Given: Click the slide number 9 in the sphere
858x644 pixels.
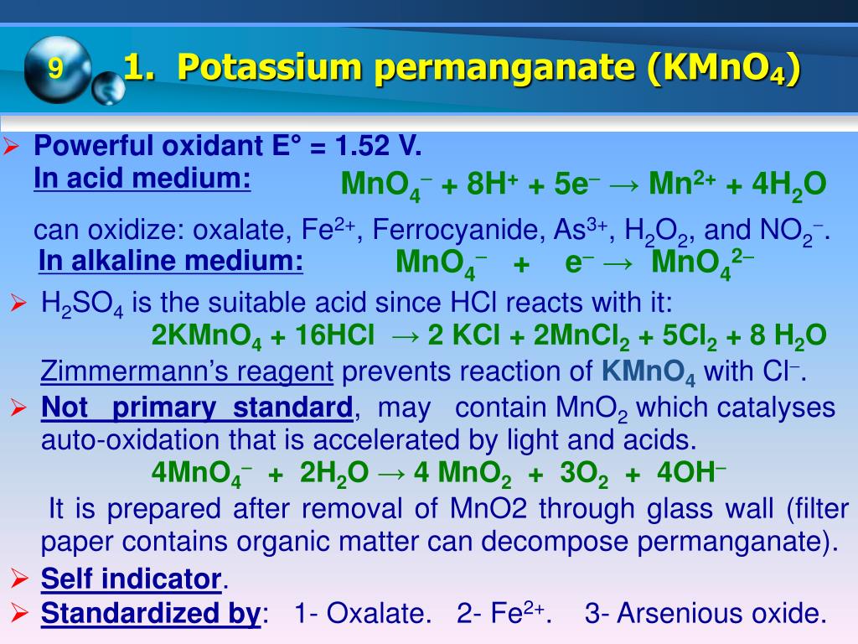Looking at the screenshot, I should pyautogui.click(x=55, y=68).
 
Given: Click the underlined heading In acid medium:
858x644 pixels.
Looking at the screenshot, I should pyautogui.click(x=142, y=179).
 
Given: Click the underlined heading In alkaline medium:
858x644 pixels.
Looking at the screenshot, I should pyautogui.click(x=171, y=262).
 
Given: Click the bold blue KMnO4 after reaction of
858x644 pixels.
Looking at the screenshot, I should pyautogui.click(x=649, y=371).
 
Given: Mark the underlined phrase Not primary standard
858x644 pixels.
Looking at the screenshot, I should pyautogui.click(x=197, y=408).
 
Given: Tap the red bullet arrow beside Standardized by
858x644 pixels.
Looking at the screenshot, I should pyautogui.click(x=19, y=613).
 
